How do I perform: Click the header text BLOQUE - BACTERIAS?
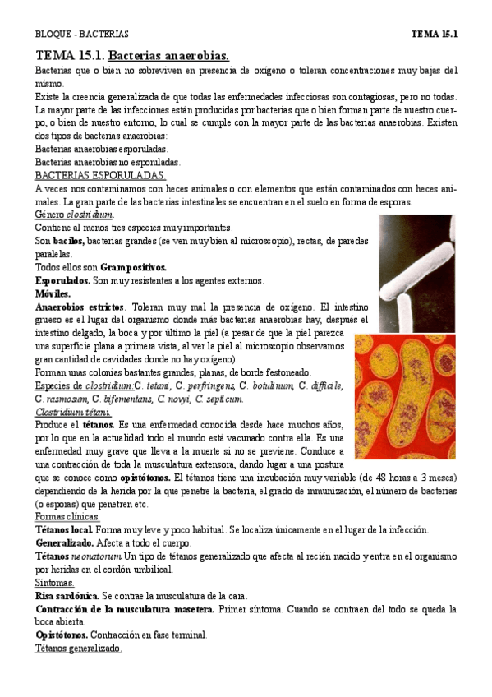(x=81, y=34)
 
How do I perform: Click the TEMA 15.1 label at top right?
(x=433, y=34)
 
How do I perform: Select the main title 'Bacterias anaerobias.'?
(x=168, y=55)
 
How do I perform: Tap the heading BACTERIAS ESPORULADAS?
(x=101, y=175)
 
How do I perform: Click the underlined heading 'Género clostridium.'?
(x=74, y=215)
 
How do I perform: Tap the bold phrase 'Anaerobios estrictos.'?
(x=79, y=307)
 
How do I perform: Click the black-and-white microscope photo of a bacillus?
(x=417, y=270)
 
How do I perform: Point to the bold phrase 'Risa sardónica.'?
(x=67, y=596)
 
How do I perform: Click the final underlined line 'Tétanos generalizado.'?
(x=79, y=649)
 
